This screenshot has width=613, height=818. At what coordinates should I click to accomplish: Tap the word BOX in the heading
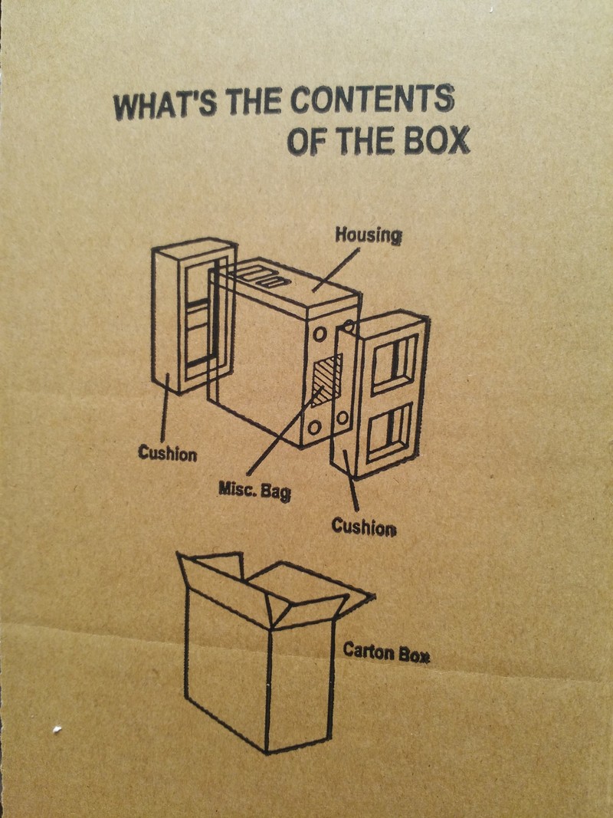pyautogui.click(x=437, y=140)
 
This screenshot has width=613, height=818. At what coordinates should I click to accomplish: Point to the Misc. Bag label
pyautogui.click(x=255, y=491)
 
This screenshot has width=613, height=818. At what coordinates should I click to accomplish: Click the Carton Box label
pyautogui.click(x=386, y=652)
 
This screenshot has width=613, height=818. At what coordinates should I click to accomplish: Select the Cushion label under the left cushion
pyautogui.click(x=168, y=453)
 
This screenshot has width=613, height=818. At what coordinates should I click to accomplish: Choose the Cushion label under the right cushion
pyautogui.click(x=364, y=527)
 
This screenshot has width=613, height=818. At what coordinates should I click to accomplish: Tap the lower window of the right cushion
pyautogui.click(x=391, y=432)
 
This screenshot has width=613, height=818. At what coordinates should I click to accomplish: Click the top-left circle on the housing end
pyautogui.click(x=320, y=333)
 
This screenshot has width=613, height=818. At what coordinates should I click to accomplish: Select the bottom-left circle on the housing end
pyautogui.click(x=314, y=428)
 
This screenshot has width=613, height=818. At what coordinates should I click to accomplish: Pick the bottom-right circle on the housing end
pyautogui.click(x=343, y=417)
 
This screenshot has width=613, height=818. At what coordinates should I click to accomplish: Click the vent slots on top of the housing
pyautogui.click(x=264, y=276)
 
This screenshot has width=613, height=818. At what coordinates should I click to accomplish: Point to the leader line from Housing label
pyautogui.click(x=336, y=270)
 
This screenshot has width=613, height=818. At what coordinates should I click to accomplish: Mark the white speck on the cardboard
pyautogui.click(x=57, y=729)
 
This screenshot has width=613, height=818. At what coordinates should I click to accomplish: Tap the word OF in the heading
pyautogui.click(x=306, y=141)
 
